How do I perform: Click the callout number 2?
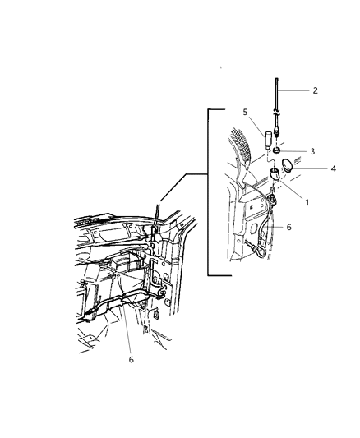click(315, 90)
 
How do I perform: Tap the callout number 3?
click(312, 151)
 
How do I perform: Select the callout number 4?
click(333, 168)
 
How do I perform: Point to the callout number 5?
click(245, 112)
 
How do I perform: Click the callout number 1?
click(307, 202)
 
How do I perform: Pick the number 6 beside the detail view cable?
click(288, 227)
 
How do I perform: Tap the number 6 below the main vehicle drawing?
click(132, 359)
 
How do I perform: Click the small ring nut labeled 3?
click(276, 150)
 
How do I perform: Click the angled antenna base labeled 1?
click(275, 173)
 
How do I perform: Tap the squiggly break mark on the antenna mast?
click(276, 113)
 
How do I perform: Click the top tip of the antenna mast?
click(276, 79)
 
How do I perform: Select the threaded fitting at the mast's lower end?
click(277, 132)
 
